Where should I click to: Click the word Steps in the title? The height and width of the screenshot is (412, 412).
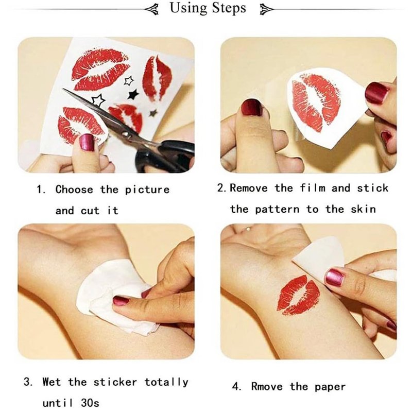(x=229, y=8)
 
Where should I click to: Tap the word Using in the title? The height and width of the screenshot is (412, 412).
(x=188, y=8)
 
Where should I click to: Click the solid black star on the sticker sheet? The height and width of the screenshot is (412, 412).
(x=133, y=94)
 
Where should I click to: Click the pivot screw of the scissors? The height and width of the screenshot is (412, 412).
(x=125, y=134)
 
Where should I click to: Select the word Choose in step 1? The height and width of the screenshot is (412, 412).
(x=74, y=190)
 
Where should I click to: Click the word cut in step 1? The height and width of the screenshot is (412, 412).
(x=90, y=211)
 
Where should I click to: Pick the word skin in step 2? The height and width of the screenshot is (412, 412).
(x=364, y=209)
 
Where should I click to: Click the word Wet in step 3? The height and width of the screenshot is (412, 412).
(x=52, y=382)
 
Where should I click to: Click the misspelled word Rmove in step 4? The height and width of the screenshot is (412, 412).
(x=267, y=386)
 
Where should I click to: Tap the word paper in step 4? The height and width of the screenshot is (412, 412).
(x=330, y=387)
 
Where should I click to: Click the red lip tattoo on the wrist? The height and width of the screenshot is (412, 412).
(x=298, y=295)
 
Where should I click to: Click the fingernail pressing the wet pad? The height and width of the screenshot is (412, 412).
(x=121, y=300)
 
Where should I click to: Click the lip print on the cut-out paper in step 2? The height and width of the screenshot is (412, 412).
(x=316, y=101)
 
